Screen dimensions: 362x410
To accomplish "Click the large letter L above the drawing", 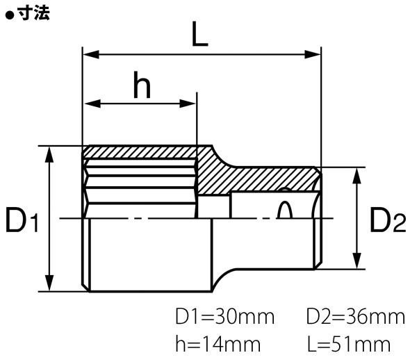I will click(x=199, y=34).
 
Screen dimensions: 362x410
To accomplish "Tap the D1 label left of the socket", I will click(x=22, y=222).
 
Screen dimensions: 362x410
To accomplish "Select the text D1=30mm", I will click(x=225, y=318).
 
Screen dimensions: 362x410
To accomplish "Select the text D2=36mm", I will click(x=355, y=318).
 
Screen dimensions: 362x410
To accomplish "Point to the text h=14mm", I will click(x=218, y=343).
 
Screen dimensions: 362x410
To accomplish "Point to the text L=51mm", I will click(x=347, y=343).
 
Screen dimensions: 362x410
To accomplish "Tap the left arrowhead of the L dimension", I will click(x=89, y=54).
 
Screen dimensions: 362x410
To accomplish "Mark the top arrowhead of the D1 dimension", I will click(x=49, y=152).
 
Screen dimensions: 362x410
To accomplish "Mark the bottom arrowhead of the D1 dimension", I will click(x=49, y=286).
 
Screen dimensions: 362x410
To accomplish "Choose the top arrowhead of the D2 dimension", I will click(x=357, y=173).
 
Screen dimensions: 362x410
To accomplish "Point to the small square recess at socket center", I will click(x=214, y=206).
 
